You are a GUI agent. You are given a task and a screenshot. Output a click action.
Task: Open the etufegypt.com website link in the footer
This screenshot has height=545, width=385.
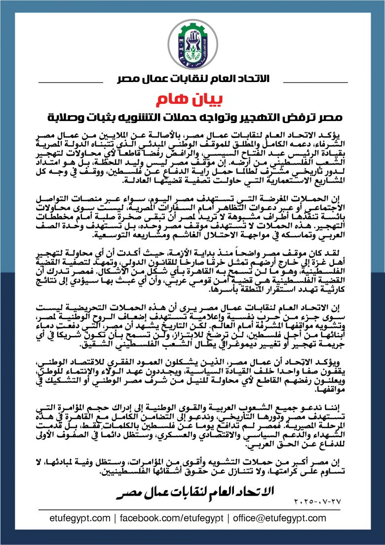coord(80,518)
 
